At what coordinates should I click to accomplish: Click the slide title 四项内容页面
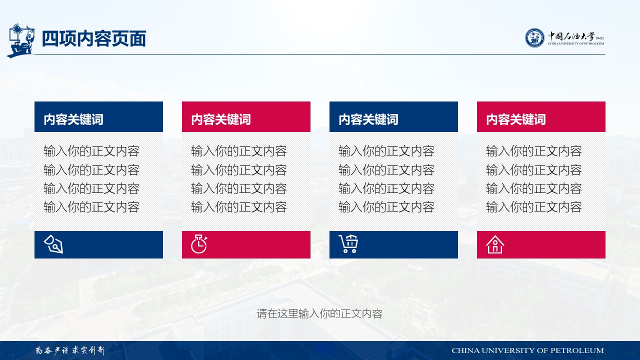pyautogui.click(x=93, y=38)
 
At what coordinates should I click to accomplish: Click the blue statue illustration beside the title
pyautogui.click(x=20, y=40)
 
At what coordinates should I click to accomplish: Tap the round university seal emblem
pyautogui.click(x=534, y=37)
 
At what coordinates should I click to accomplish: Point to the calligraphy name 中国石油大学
pyautogui.click(x=571, y=36)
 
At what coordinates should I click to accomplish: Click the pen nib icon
pyautogui.click(x=53, y=244)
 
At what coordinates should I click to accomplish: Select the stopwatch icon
pyautogui.click(x=199, y=244)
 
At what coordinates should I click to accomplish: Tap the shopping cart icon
pyautogui.click(x=348, y=244)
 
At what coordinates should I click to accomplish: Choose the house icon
pyautogui.click(x=495, y=244)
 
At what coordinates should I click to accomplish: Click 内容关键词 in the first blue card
pyautogui.click(x=73, y=119)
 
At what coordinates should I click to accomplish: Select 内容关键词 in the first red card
pyautogui.click(x=221, y=119)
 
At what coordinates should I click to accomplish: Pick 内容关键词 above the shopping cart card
pyautogui.click(x=368, y=119)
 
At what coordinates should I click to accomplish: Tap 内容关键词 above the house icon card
pyautogui.click(x=515, y=119)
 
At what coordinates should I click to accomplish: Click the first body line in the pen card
pyautogui.click(x=91, y=151)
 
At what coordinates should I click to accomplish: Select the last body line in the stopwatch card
pyautogui.click(x=239, y=207)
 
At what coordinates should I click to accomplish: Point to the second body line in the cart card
pyautogui.click(x=386, y=170)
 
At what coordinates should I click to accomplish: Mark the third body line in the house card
pyautogui.click(x=533, y=188)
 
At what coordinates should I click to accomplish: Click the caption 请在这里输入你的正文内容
pyautogui.click(x=319, y=313)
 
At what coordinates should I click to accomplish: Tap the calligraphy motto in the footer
pyautogui.click(x=70, y=350)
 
